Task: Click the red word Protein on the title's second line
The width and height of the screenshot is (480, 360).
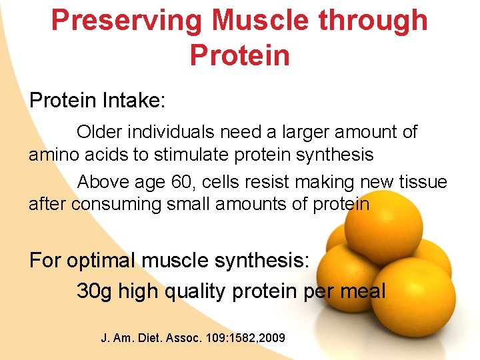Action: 240,55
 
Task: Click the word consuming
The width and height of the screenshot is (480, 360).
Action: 116,204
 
